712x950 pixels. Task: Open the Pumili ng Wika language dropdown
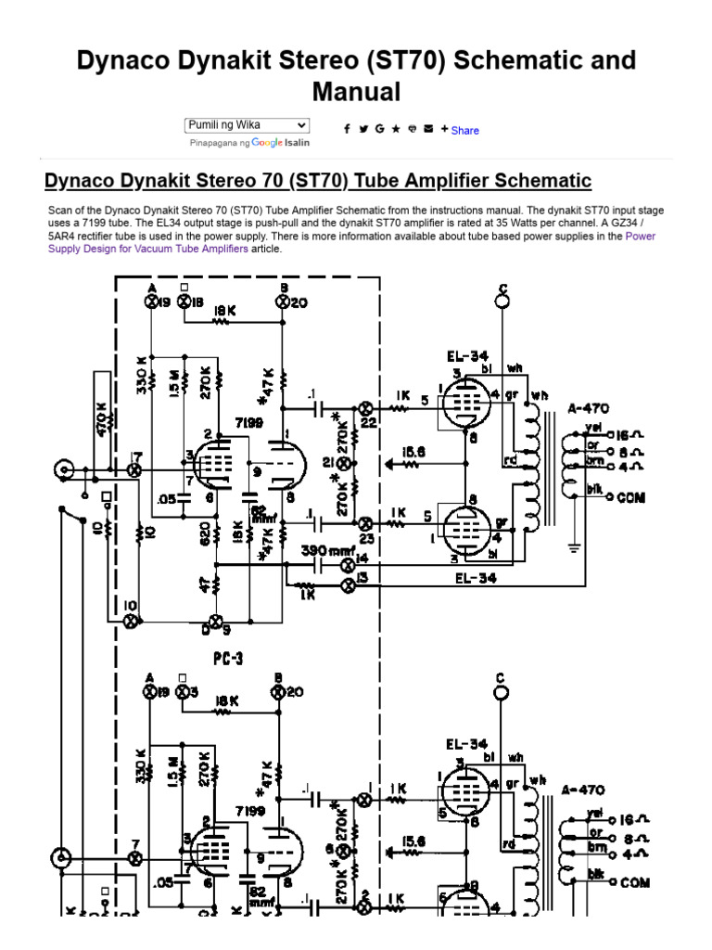247,124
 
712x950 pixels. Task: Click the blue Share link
464,131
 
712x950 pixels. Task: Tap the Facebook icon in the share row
347,130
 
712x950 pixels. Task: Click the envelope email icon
427,130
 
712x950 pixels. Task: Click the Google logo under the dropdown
266,144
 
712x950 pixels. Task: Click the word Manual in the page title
356,92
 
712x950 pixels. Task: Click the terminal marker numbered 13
350,584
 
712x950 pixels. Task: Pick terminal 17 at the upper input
134,471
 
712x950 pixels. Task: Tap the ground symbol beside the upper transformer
574,547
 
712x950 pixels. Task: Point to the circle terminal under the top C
502,301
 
